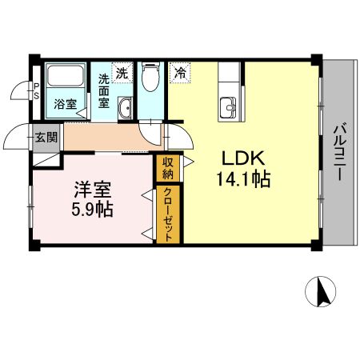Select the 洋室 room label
point(93,190)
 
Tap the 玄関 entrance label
point(46,137)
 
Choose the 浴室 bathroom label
point(64,104)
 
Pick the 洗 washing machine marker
point(122,72)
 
